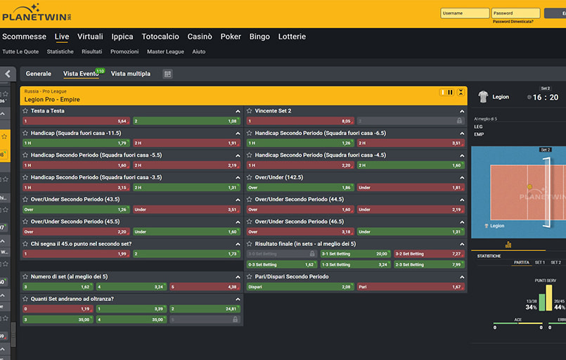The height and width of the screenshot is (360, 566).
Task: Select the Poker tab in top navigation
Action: point(231,37)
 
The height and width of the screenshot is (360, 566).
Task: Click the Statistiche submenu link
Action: point(60,51)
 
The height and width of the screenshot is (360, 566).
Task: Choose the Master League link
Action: point(165,51)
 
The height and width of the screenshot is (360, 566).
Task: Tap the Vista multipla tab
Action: point(130,74)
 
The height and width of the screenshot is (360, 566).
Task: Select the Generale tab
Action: point(38,74)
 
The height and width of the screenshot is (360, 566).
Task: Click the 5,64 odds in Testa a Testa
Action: point(76,121)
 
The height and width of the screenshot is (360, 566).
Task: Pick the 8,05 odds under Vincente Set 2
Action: point(300,121)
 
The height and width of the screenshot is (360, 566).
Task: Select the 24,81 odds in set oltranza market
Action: point(205,309)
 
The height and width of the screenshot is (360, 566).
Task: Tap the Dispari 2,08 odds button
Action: point(300,287)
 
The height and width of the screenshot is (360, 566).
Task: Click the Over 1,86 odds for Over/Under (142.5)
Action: point(300,188)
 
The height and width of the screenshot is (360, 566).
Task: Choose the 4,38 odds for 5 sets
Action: point(205,287)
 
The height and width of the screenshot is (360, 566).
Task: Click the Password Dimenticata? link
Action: point(513,22)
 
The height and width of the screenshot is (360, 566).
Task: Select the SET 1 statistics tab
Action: point(540,262)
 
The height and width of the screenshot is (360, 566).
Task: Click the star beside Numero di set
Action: point(25,276)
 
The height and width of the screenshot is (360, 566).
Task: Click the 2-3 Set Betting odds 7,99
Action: point(429,264)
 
